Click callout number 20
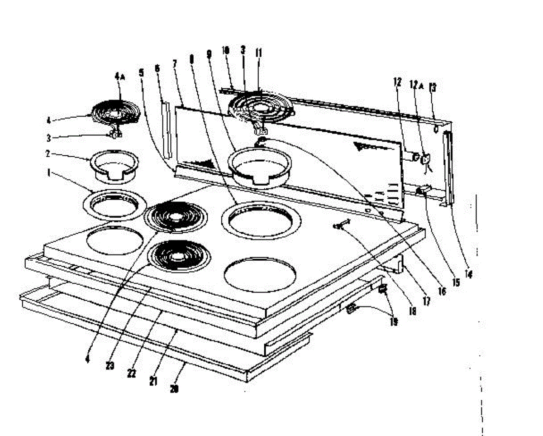(174, 388)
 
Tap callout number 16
(442, 292)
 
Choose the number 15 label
(456, 283)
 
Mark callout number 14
(469, 273)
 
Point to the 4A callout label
(119, 77)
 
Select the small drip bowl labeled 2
(115, 165)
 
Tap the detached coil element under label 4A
(117, 112)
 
